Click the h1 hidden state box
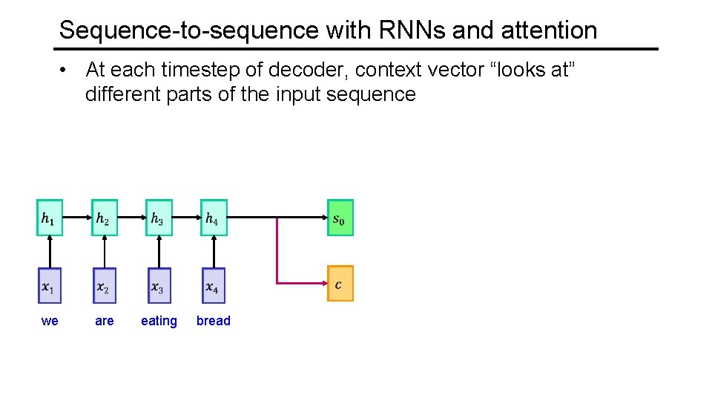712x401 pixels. (50, 218)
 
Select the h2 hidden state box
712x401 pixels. (105, 218)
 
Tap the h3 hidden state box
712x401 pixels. (159, 218)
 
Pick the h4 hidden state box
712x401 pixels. (214, 218)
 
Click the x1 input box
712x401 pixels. (50, 286)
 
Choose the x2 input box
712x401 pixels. (105, 286)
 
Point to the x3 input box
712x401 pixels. (159, 286)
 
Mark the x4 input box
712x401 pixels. (214, 286)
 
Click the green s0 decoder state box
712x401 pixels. (340, 218)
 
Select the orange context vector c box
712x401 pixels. (340, 284)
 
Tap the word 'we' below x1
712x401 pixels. (50, 321)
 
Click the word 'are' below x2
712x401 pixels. (105, 321)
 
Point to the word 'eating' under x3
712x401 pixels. (159, 321)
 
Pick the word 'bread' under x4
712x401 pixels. (214, 321)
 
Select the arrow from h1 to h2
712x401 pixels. (77, 217)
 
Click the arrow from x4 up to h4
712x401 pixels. (214, 252)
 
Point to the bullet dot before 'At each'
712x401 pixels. (67, 71)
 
